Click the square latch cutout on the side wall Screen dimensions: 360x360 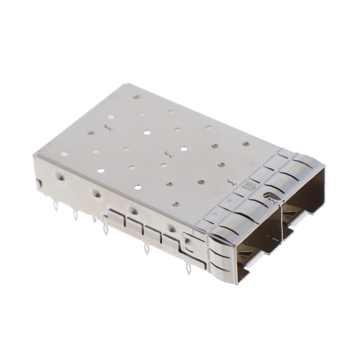pyautogui.click(x=188, y=243)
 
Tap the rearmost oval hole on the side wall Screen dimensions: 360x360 pyautogui.click(x=58, y=175)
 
